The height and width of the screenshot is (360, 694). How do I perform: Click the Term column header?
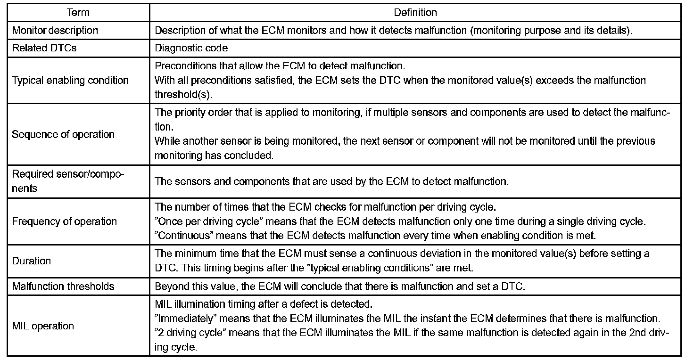(x=78, y=13)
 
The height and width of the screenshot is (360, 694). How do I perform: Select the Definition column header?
(x=415, y=13)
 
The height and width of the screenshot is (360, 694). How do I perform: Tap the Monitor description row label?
(x=55, y=31)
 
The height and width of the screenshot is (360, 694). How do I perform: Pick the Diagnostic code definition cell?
(x=191, y=48)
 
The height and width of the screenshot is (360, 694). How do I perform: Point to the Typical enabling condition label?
(x=70, y=80)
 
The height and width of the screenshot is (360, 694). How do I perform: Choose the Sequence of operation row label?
(x=63, y=134)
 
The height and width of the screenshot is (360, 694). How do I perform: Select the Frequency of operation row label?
(x=65, y=221)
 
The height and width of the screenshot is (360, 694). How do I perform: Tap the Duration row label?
(x=32, y=261)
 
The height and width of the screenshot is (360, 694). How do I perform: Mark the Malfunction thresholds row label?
(x=63, y=286)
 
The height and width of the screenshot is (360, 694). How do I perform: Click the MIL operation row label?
(x=43, y=326)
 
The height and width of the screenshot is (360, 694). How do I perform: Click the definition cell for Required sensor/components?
(x=331, y=181)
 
